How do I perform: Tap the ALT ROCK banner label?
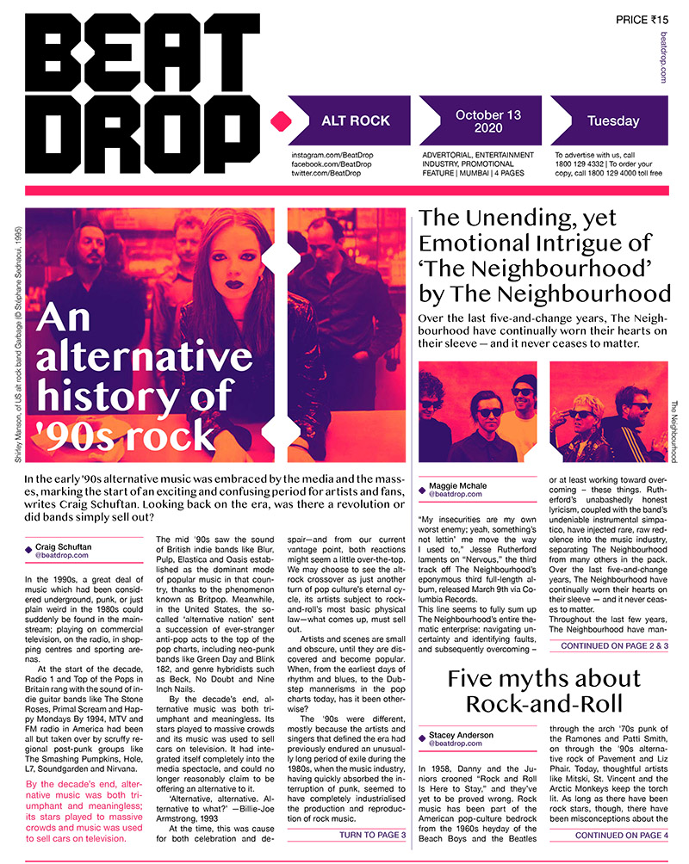click(x=347, y=121)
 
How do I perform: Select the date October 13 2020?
click(x=488, y=122)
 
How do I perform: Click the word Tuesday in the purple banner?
click(x=612, y=121)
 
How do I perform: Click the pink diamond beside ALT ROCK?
click(x=276, y=121)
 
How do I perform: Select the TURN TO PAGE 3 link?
click(x=372, y=835)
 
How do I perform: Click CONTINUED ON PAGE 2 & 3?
click(x=614, y=645)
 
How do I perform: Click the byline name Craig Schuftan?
click(x=65, y=546)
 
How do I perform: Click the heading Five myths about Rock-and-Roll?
click(x=544, y=690)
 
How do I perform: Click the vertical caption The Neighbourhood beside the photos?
click(x=674, y=430)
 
